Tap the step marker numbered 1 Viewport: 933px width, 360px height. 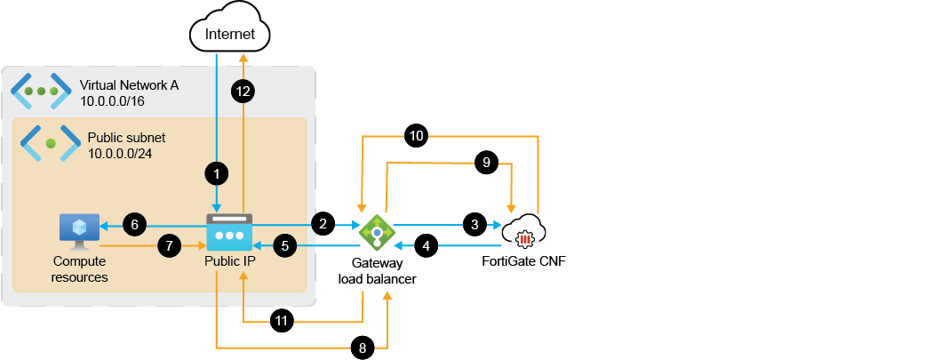pyautogui.click(x=215, y=174)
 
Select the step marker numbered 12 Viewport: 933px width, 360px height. pyautogui.click(x=243, y=91)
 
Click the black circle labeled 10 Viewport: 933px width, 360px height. pyautogui.click(x=416, y=136)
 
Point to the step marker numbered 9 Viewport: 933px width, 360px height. pyautogui.click(x=485, y=163)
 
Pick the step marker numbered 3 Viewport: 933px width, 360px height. pyautogui.click(x=474, y=225)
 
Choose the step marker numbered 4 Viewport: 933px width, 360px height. pyautogui.click(x=427, y=246)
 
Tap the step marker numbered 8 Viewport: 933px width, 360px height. pyautogui.click(x=361, y=348)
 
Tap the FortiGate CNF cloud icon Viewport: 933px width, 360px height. pyautogui.click(x=526, y=233)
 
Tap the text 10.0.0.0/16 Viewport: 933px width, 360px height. pyautogui.click(x=112, y=102)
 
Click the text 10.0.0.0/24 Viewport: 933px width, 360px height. pyautogui.click(x=120, y=156)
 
